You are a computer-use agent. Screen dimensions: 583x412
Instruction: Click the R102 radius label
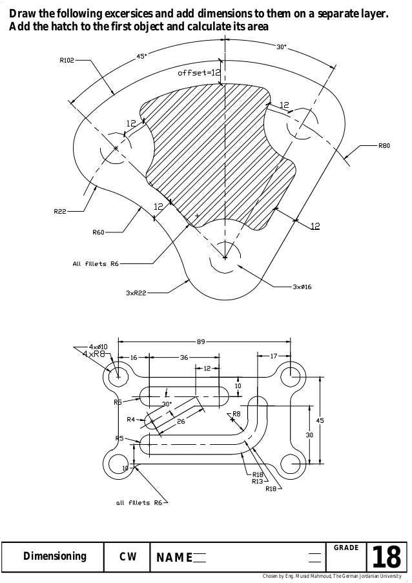(x=67, y=61)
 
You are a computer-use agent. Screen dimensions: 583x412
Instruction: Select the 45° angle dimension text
(x=141, y=56)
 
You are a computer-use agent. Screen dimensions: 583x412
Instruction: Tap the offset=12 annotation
(x=199, y=73)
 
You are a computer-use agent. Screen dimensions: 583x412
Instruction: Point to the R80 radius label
(x=384, y=147)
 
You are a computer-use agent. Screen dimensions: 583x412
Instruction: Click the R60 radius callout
(x=98, y=232)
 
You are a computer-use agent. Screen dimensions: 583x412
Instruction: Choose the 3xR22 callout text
(x=136, y=292)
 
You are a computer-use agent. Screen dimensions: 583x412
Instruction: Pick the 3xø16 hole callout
(x=302, y=286)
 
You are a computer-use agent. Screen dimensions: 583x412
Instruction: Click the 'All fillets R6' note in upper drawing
(x=95, y=263)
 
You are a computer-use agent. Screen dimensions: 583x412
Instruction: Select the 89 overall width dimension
(x=201, y=342)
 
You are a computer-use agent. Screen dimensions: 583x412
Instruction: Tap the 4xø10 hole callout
(x=98, y=347)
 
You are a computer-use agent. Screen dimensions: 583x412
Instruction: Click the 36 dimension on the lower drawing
(x=184, y=356)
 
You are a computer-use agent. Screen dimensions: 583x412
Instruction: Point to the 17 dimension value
(x=274, y=356)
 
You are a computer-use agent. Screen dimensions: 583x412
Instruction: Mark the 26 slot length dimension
(x=181, y=421)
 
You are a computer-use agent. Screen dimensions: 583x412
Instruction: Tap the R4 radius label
(x=131, y=419)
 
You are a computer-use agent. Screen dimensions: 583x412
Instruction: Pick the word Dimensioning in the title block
(x=54, y=557)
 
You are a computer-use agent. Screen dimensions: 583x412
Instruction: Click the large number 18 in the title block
(x=387, y=557)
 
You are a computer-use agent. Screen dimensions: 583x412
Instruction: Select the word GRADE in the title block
(x=345, y=547)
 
